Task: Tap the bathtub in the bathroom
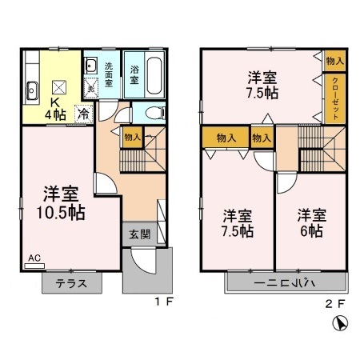[x=155, y=74]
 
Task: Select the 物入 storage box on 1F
[x=132, y=138]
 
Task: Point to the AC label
[x=35, y=258]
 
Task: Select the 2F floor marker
[x=336, y=303]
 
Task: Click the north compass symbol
[x=339, y=325]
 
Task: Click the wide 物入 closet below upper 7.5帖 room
[x=226, y=138]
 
